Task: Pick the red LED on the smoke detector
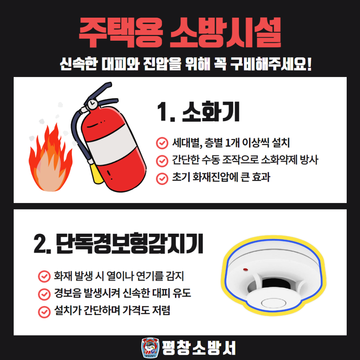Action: click(x=245, y=270)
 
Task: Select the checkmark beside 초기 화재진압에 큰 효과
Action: click(x=161, y=178)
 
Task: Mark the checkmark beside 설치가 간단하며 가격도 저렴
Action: click(x=44, y=311)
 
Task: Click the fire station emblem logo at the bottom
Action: click(x=150, y=348)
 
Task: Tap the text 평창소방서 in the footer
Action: click(x=199, y=348)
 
